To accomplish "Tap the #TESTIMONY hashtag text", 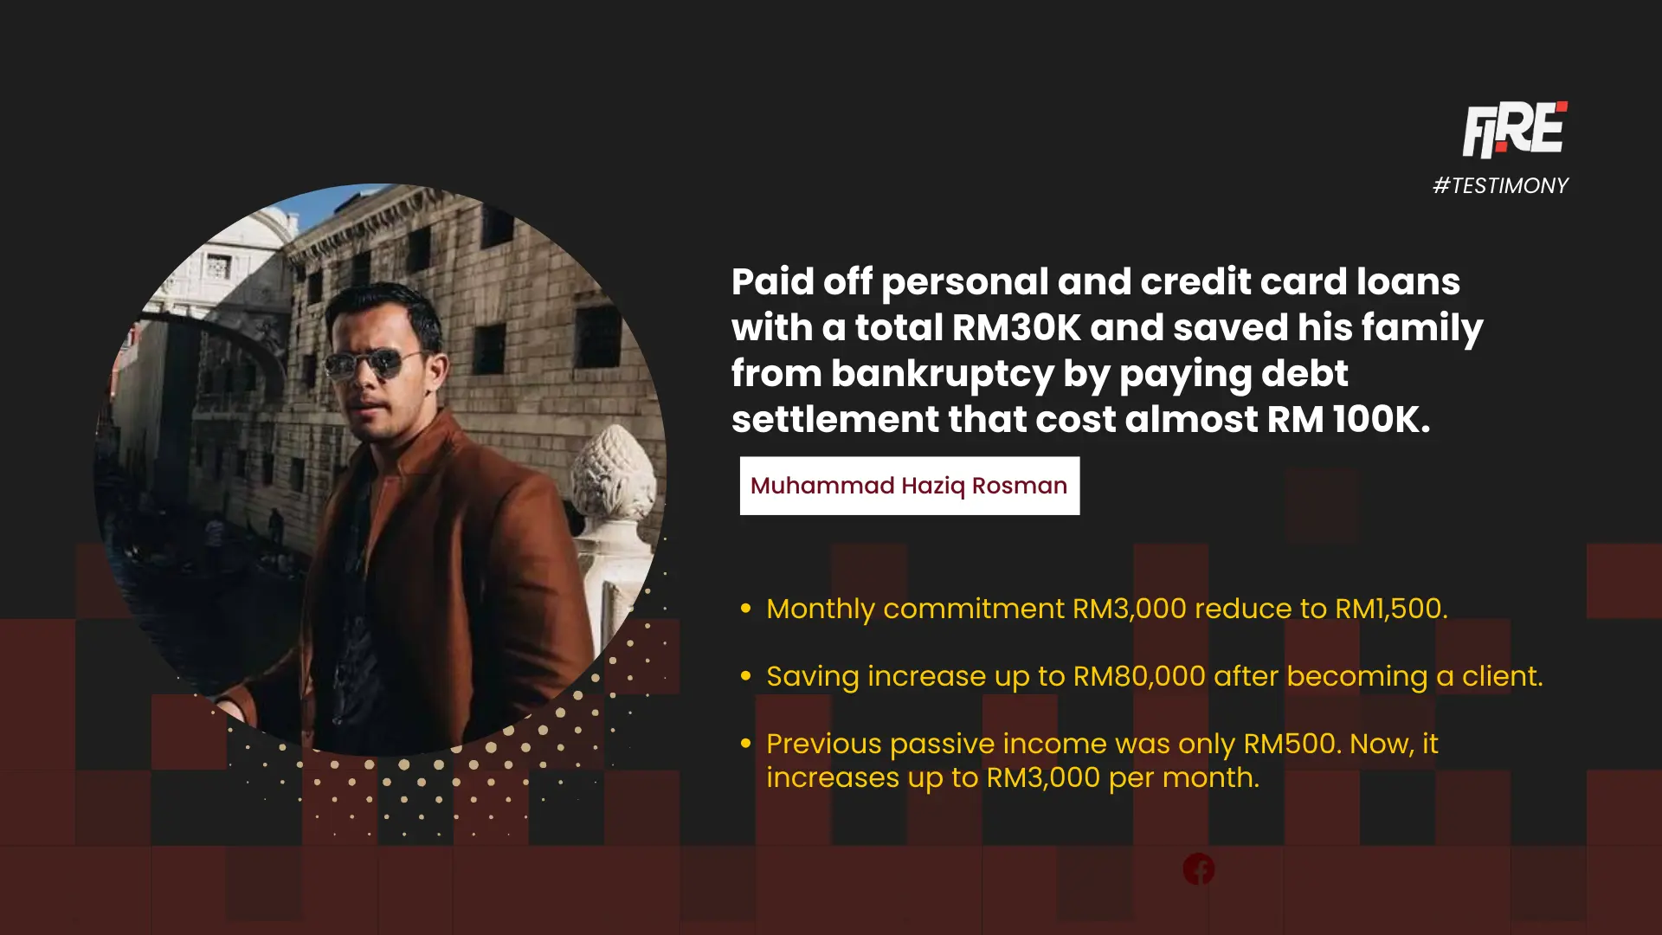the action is (x=1500, y=185).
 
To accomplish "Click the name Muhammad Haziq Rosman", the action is (x=909, y=486).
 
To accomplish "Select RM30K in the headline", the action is (x=1016, y=328).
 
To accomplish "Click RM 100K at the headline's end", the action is (x=1349, y=420).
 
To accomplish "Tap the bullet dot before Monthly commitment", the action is (x=746, y=609).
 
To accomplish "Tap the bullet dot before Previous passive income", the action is (x=746, y=744).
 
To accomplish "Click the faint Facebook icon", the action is (x=1199, y=869).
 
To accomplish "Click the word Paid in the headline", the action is (x=773, y=282).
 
